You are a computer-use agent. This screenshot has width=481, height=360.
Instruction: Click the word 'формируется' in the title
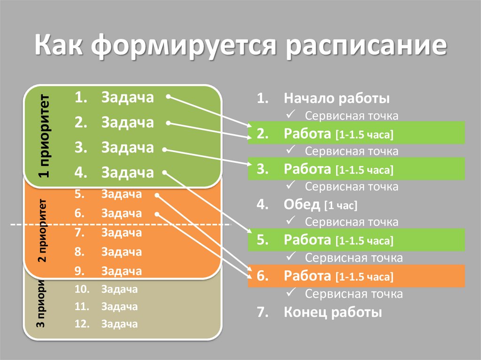tap(182, 48)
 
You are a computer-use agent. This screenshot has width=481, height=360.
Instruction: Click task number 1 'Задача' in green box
tap(127, 98)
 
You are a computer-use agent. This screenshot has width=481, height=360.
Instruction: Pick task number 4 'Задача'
tap(127, 172)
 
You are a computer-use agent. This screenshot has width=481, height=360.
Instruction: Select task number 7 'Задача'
tap(121, 233)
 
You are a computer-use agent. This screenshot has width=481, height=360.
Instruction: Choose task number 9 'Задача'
tap(121, 271)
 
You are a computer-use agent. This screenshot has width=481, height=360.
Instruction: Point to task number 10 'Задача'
tap(119, 289)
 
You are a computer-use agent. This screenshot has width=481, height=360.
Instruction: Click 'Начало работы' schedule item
tap(336, 99)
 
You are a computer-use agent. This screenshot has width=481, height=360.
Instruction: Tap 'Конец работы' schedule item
tap(333, 313)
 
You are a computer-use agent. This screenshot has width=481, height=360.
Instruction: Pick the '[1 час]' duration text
tap(341, 206)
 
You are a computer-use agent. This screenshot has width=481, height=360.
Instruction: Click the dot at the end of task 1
tap(168, 98)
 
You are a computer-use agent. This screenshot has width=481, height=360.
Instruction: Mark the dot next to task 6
tap(156, 214)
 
